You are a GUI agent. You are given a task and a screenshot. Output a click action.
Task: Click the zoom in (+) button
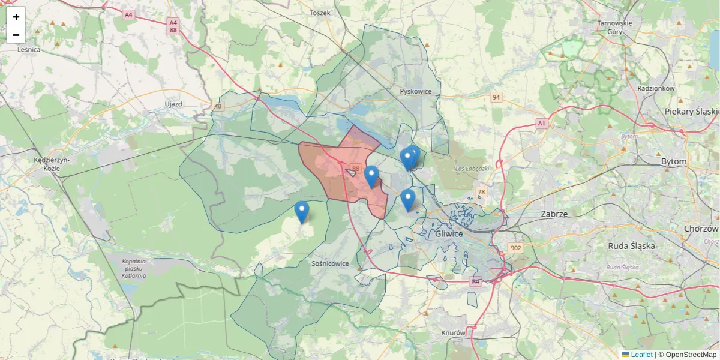tap(16, 17)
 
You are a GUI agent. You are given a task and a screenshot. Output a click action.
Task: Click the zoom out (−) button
tap(16, 35)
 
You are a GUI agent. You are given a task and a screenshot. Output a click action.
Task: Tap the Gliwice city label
tap(449, 233)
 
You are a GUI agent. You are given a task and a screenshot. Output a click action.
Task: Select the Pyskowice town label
tap(416, 91)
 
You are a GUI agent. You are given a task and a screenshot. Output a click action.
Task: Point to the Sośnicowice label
tap(331, 263)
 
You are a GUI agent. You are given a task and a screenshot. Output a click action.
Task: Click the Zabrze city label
tap(554, 214)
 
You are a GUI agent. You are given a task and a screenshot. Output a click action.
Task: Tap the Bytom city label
tap(673, 161)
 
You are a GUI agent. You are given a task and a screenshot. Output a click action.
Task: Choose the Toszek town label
tap(320, 13)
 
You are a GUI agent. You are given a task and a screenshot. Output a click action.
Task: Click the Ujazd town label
tap(173, 104)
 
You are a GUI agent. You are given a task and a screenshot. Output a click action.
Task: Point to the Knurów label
tap(453, 332)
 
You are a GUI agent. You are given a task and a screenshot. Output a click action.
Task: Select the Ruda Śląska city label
tap(631, 245)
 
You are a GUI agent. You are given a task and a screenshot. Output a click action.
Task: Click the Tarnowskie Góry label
tap(615, 28)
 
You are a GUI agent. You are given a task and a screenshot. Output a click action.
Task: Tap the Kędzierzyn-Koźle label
tap(52, 164)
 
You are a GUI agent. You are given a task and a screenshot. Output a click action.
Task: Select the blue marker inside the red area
tap(371, 176)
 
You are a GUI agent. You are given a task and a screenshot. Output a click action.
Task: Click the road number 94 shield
tap(496, 97)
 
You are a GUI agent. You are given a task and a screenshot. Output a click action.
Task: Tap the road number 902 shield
tap(515, 248)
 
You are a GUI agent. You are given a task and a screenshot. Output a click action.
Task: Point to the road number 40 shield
tap(217, 106)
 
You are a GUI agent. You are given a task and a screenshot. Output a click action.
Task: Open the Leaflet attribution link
tap(641, 355)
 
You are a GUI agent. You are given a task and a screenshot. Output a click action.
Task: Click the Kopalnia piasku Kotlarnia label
tap(134, 268)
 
